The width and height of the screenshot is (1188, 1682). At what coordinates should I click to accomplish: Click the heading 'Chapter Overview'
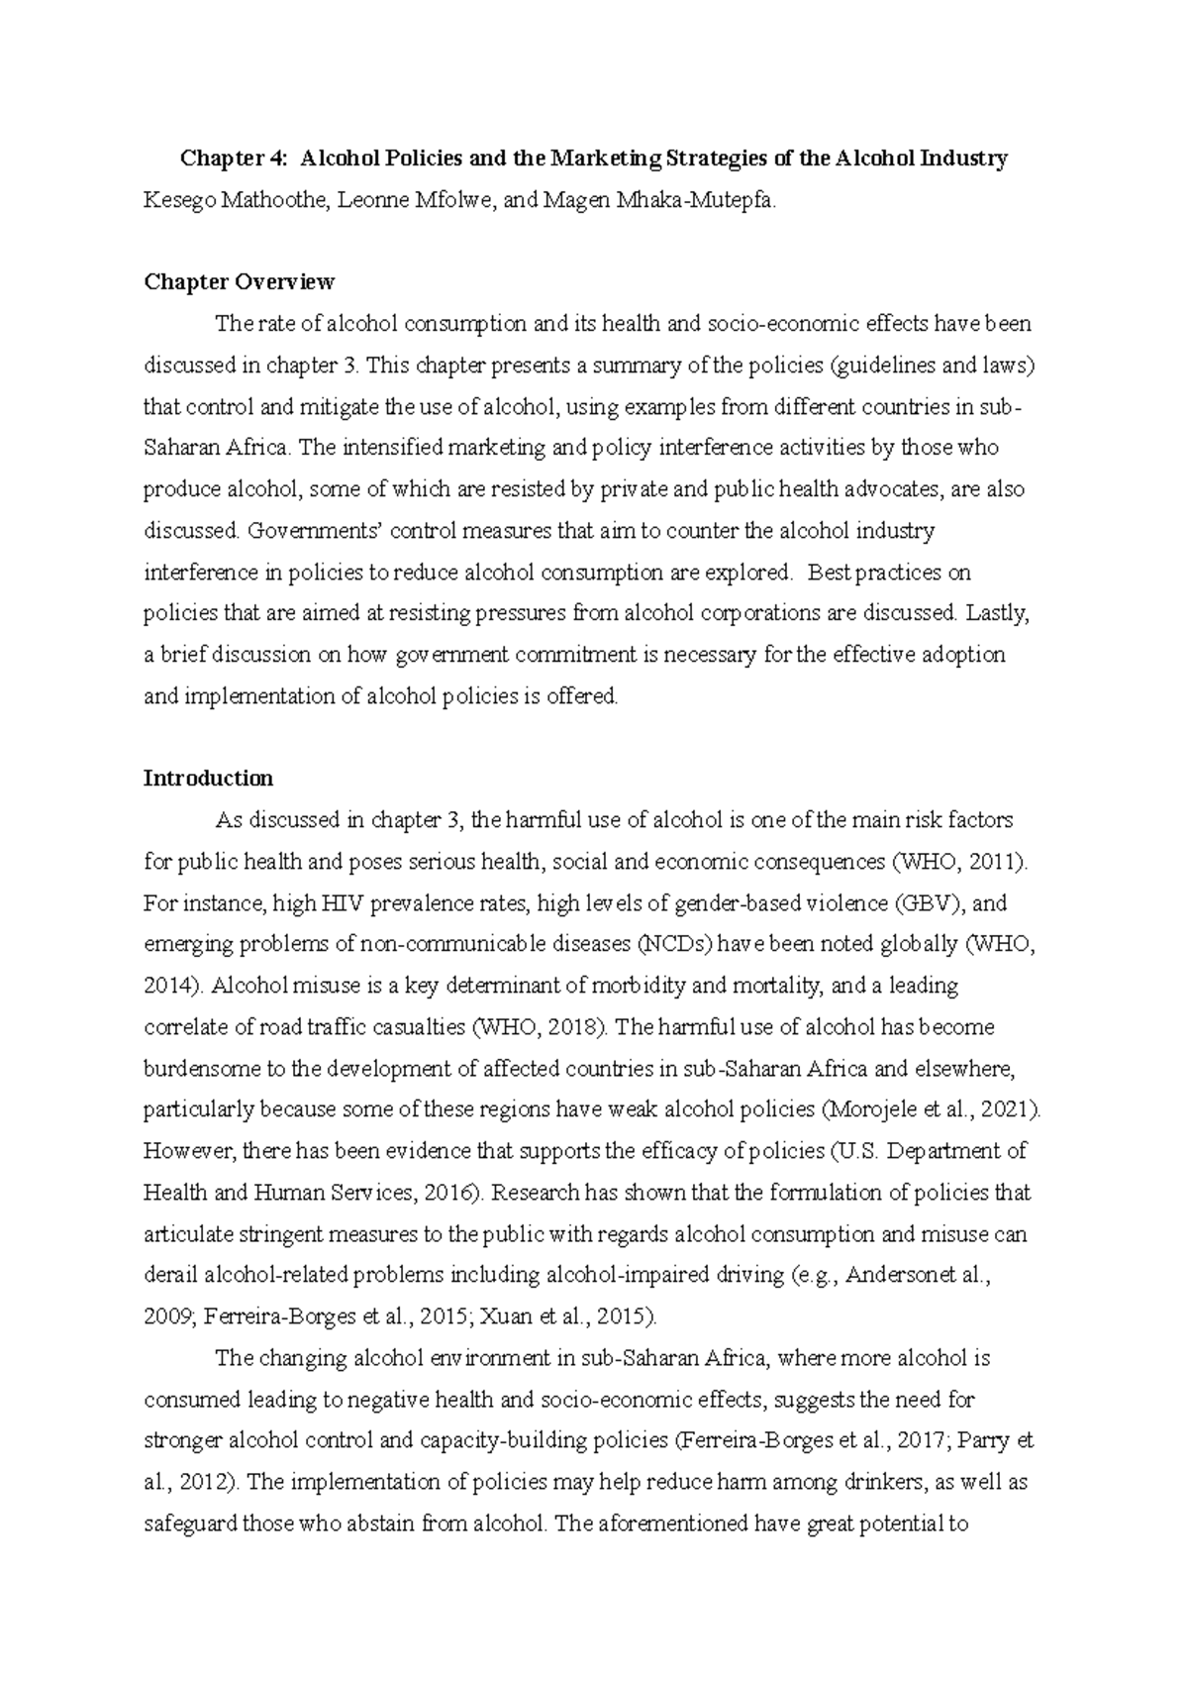tap(239, 282)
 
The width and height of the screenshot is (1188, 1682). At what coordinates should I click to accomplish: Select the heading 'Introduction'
tap(208, 778)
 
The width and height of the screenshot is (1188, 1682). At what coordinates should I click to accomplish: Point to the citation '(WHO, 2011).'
tap(960, 862)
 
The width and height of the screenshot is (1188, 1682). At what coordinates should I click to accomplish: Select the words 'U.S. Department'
tap(917, 1151)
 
